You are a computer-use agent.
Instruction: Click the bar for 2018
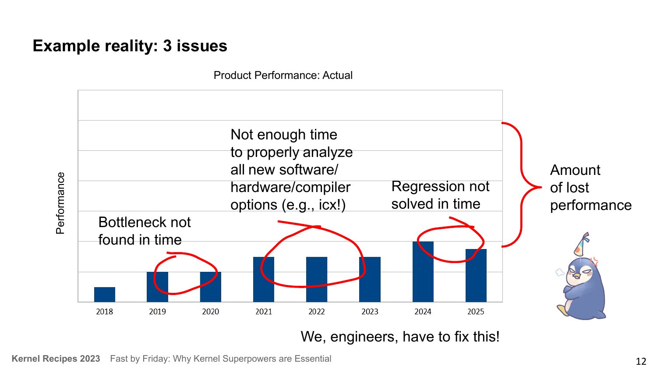(105, 295)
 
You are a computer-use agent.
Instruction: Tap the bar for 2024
(423, 272)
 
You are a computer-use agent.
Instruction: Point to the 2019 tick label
(157, 312)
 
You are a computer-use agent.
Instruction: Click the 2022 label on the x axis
(316, 312)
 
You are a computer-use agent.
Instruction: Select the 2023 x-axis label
(370, 312)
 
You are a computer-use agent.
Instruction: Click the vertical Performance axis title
(60, 203)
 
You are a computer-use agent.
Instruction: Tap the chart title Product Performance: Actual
(283, 75)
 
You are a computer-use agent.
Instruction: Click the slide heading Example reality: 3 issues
(130, 46)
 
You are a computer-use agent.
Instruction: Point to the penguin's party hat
(582, 245)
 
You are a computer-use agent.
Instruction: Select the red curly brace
(521, 185)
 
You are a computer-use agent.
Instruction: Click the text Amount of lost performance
(590, 188)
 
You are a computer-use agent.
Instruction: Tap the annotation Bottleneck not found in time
(144, 231)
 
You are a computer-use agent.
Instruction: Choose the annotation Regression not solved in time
(440, 195)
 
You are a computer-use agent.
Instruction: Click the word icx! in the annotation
(332, 205)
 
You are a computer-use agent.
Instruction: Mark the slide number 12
(641, 361)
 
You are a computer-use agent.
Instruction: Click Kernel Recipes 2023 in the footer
(56, 359)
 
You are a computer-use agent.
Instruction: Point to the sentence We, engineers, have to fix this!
(400, 337)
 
